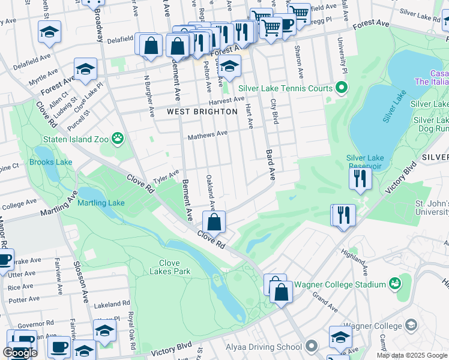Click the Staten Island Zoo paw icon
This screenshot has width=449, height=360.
coord(118,139)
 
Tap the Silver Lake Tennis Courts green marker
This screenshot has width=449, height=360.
coord(342,89)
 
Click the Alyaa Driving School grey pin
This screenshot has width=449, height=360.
coord(311,346)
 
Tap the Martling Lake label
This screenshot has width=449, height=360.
coord(101,203)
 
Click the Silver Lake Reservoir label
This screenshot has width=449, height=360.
coord(364,161)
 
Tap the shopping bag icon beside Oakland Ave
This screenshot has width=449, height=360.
coord(214,222)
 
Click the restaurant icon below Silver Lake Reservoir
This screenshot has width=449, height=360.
coord(360,178)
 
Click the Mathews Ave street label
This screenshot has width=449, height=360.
coord(208,136)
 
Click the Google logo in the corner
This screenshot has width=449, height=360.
coord(20,353)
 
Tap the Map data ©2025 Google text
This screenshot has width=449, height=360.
coord(412,355)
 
